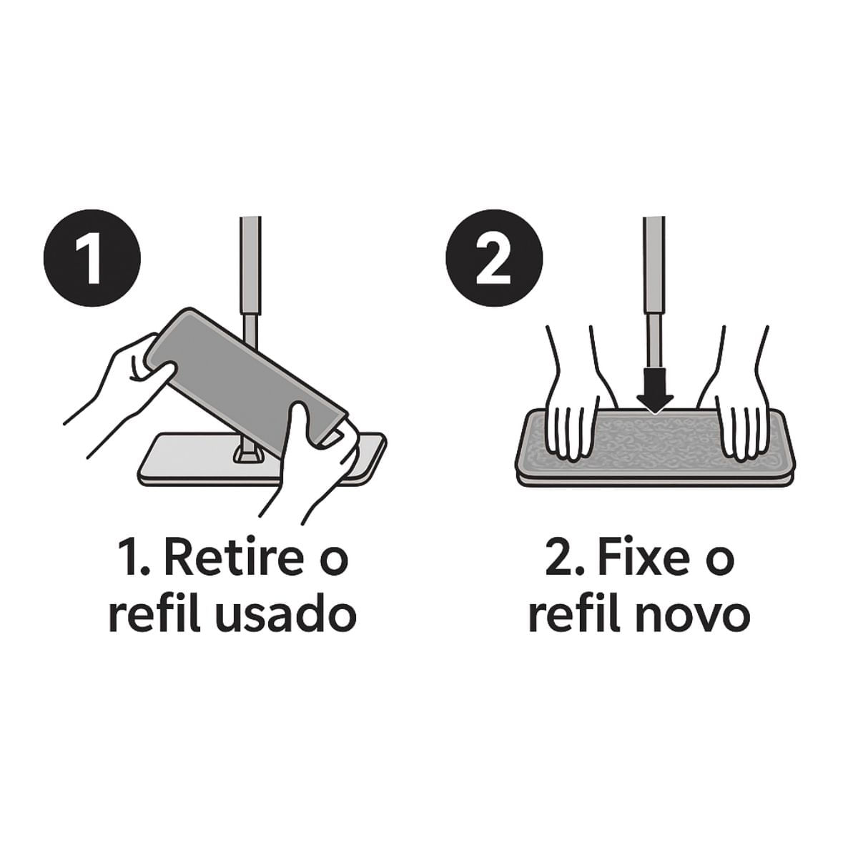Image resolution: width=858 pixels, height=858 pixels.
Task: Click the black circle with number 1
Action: click(92, 258)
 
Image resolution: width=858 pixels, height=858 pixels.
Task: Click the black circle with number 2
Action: click(494, 258)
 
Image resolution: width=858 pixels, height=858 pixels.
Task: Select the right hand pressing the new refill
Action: click(735, 400)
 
